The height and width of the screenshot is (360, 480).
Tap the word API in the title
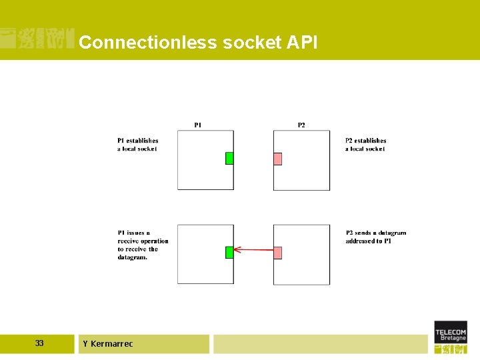(302, 43)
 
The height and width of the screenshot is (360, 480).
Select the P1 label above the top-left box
(198, 125)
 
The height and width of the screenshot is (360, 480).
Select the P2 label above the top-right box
(301, 125)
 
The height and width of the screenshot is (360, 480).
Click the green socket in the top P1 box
(229, 158)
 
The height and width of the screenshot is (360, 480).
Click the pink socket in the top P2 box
(277, 159)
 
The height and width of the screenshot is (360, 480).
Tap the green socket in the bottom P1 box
(229, 252)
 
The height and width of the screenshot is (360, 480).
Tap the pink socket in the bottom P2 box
(277, 253)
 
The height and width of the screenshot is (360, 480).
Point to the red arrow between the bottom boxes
(253, 250)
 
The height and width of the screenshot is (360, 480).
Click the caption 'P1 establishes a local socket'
(138, 145)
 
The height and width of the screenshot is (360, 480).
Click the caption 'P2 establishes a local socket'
(365, 145)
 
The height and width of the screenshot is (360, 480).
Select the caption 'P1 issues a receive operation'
(143, 245)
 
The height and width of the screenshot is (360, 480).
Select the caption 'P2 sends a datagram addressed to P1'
(375, 237)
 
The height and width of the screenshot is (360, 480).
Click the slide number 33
(39, 343)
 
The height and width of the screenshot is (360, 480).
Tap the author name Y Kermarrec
(107, 344)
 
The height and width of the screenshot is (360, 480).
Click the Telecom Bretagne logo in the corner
(451, 337)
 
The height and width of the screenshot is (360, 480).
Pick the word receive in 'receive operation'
(128, 241)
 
